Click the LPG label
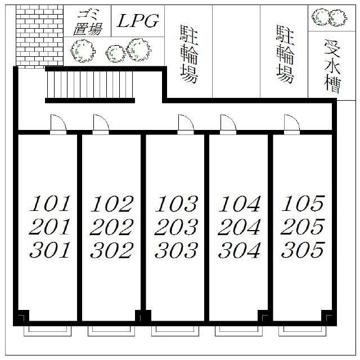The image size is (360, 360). [x=138, y=21]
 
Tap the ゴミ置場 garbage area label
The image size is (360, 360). [x=88, y=22]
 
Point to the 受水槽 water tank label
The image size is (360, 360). [x=332, y=66]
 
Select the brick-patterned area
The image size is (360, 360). [x=39, y=36]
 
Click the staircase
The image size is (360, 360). [x=90, y=84]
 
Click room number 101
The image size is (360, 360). [x=50, y=204]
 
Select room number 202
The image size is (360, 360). [x=111, y=227]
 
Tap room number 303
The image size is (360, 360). [x=176, y=250]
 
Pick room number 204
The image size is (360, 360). [x=239, y=227]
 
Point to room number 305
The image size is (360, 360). [x=303, y=250]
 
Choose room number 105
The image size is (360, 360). [x=303, y=204]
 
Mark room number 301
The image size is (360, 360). [x=50, y=250]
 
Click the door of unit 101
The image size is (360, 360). [x=58, y=124]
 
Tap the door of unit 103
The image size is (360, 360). [x=186, y=124]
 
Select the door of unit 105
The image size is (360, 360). [x=292, y=124]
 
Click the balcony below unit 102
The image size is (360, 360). [x=111, y=331]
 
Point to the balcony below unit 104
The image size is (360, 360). [x=238, y=331]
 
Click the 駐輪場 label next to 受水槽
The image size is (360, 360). [x=285, y=54]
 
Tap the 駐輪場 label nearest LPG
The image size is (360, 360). [x=189, y=54]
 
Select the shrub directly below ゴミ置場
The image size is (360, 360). [x=82, y=51]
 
